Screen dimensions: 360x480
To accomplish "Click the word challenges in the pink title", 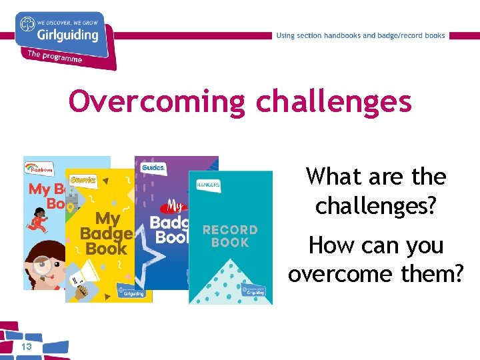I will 333,102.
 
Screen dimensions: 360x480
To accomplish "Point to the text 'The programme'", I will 55,56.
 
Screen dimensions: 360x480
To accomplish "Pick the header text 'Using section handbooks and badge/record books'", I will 361,35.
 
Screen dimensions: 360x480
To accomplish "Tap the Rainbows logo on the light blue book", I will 39,170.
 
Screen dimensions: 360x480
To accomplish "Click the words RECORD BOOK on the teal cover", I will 230,235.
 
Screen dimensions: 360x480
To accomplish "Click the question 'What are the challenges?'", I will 376,191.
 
